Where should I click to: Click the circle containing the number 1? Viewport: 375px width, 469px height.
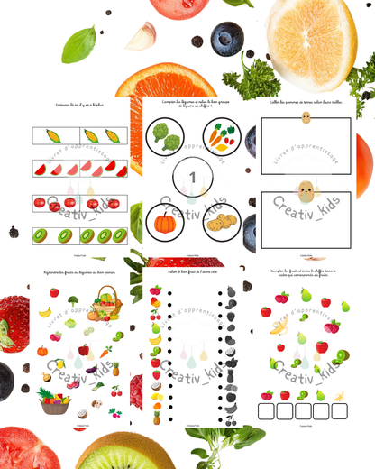pos(191,179)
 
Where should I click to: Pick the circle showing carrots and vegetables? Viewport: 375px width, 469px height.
pos(219,138)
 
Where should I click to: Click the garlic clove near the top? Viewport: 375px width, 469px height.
pos(141,36)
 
